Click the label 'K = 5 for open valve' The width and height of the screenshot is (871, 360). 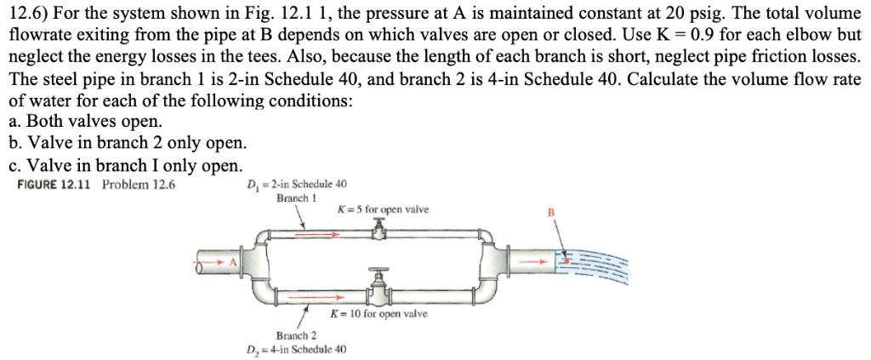pos(383,209)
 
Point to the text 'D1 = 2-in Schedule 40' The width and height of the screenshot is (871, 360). pos(296,185)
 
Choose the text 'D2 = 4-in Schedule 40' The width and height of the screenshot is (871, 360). pos(296,349)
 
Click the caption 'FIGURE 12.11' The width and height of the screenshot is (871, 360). pos(56,185)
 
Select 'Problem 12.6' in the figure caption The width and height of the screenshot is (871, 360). pos(139,185)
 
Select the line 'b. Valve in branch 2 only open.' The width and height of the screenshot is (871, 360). pos(128,142)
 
